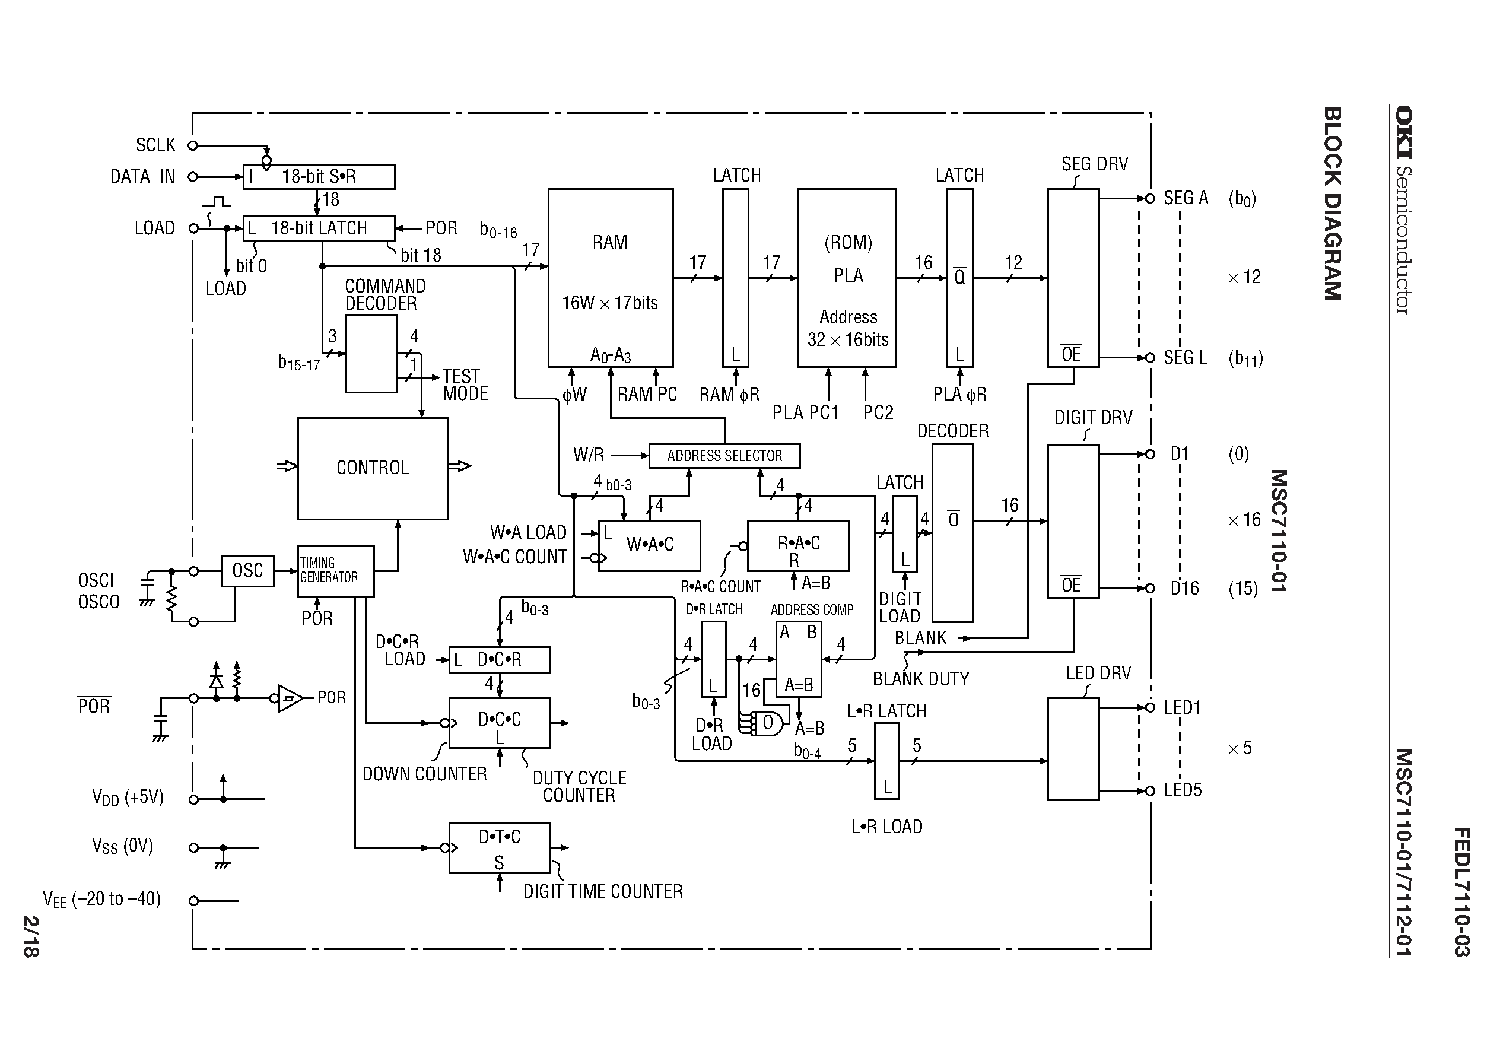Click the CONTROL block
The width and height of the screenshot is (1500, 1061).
tap(373, 468)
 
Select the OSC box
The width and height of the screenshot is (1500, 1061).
tap(247, 571)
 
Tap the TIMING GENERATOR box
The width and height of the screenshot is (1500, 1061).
tap(335, 571)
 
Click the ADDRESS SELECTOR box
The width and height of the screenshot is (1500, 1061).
tap(724, 456)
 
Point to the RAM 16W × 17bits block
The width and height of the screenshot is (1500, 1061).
tap(610, 278)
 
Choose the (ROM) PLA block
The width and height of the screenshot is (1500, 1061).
tap(847, 278)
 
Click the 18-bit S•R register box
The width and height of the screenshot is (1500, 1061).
tap(319, 176)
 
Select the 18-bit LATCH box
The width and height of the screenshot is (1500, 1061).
tap(319, 228)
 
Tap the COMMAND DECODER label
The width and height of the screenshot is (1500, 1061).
tap(385, 295)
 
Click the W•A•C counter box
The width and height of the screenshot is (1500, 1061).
tap(649, 545)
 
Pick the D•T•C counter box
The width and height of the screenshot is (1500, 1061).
tap(499, 848)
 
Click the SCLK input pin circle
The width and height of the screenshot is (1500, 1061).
tap(193, 146)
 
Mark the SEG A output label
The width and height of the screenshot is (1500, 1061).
tap(1186, 198)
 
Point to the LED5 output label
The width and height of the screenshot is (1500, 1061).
tap(1183, 790)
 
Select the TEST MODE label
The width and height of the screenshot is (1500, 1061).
tap(465, 385)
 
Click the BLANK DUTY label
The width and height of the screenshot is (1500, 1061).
tap(920, 679)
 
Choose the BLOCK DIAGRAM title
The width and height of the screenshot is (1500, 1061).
tap(1333, 203)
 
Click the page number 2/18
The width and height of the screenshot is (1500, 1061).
tap(31, 936)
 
